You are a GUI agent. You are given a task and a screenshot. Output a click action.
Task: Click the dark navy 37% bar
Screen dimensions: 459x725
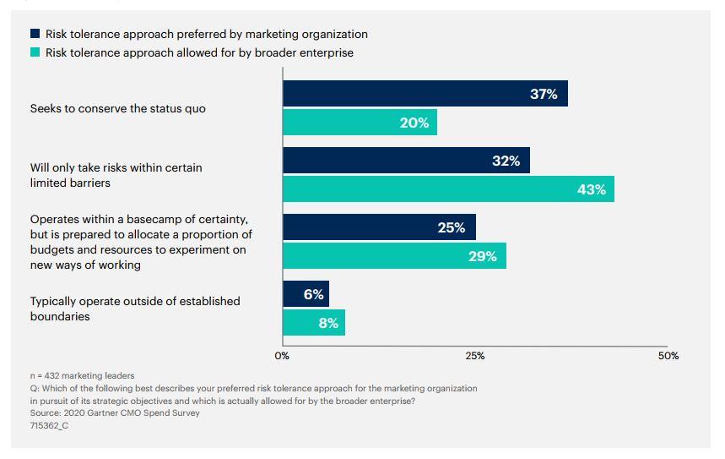point(425,94)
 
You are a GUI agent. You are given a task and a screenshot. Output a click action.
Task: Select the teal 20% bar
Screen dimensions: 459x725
point(360,123)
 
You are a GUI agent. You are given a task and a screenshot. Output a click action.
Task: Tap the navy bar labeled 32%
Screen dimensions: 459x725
point(406,161)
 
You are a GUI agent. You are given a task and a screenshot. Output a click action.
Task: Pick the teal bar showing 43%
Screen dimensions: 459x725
point(448,189)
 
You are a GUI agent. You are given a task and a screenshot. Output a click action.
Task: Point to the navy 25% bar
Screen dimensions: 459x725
point(379,227)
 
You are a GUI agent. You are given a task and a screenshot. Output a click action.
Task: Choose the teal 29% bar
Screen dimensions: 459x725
point(394,256)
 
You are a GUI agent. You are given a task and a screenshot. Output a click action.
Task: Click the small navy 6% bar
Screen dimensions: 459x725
point(306,294)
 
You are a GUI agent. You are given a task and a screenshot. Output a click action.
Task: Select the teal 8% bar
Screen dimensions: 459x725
point(313,323)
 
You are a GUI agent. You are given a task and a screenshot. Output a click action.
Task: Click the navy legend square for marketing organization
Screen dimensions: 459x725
point(35,35)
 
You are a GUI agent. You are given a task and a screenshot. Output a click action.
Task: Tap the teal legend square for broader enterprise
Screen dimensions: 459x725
point(35,52)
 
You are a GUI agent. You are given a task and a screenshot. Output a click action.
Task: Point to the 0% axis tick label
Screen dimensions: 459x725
point(283,356)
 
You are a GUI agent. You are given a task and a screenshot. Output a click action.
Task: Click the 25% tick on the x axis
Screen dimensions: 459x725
point(475,356)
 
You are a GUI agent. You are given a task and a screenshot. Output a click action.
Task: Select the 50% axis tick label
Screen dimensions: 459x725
point(668,356)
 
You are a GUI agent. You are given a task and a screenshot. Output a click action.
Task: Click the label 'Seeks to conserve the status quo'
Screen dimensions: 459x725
point(118,108)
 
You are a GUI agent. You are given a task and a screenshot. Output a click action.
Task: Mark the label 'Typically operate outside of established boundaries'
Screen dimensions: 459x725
point(135,309)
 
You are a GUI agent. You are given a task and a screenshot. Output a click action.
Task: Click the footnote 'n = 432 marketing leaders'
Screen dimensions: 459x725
point(82,375)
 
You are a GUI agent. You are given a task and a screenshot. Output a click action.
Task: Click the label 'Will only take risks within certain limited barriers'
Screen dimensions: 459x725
point(116,175)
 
